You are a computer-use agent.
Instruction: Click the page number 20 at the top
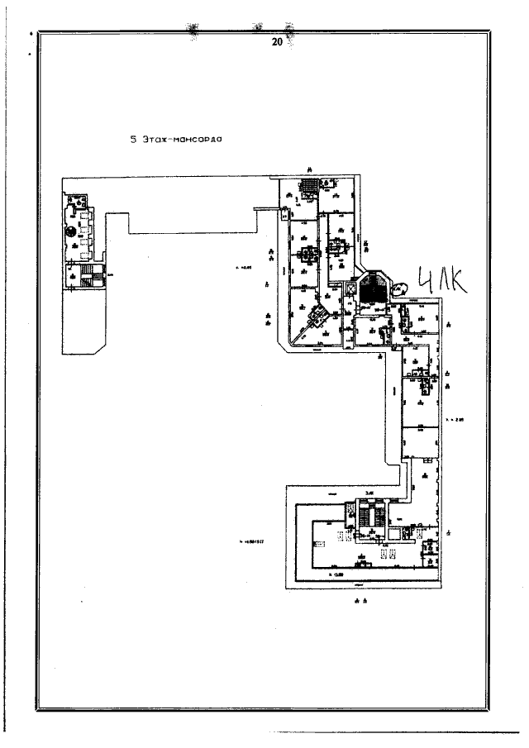[277, 40]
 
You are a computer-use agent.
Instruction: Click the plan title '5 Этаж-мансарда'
[179, 140]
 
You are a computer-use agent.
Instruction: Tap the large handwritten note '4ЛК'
[442, 282]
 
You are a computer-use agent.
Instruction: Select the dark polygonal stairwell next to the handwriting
[374, 287]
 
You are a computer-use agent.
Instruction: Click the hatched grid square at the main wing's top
[308, 185]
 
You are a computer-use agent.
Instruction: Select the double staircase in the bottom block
[367, 517]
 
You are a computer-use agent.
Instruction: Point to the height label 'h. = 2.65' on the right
[455, 420]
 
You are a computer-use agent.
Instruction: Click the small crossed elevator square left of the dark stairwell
[348, 291]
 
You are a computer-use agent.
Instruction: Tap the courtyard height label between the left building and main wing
[243, 267]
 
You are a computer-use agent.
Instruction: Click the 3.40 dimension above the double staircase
[370, 493]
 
